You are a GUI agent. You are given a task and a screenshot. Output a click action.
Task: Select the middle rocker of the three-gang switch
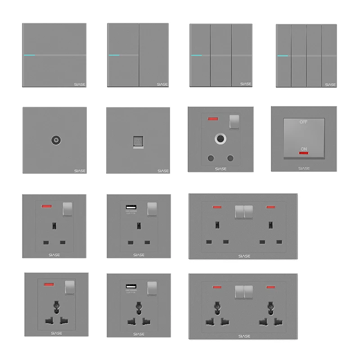(220, 55)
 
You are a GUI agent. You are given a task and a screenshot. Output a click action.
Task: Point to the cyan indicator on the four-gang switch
(283, 56)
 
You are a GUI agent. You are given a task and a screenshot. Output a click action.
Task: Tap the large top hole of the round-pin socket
(220, 138)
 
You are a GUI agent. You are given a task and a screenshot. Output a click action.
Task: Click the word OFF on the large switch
(304, 122)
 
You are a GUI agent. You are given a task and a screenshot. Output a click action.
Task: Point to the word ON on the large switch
(304, 149)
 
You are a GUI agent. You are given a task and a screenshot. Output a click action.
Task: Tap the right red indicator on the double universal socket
(271, 286)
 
